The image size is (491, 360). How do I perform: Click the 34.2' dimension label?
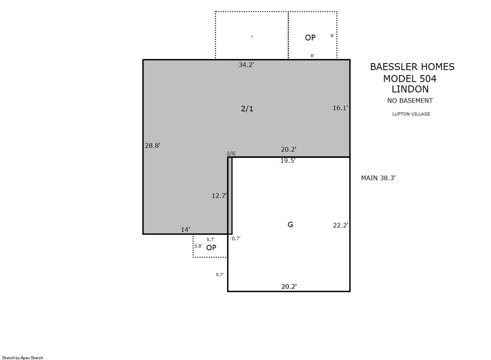[246, 65]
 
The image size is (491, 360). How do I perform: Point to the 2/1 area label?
[247, 109]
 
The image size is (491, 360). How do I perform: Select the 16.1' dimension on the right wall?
[340, 108]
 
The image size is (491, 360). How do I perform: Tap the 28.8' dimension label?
[153, 146]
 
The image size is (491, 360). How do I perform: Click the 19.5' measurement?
[288, 161]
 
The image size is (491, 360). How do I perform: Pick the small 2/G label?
[231, 154]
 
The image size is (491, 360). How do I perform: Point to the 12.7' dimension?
[219, 196]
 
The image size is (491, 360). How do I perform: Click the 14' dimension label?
[185, 229]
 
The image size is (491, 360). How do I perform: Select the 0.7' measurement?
[236, 238]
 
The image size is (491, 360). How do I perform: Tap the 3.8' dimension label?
[198, 246]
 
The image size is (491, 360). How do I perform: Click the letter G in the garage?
[290, 225]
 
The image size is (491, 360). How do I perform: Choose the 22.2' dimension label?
[341, 225]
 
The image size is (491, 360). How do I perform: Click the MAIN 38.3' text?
[378, 178]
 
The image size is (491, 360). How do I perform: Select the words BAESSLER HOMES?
[412, 67]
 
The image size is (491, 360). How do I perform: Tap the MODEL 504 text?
[410, 79]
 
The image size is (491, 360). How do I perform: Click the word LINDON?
[410, 89]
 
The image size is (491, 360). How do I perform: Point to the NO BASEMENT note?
[410, 101]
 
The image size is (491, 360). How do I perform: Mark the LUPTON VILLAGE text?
[411, 114]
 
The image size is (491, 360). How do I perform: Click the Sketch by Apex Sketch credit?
[23, 358]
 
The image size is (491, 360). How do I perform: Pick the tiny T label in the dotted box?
[252, 37]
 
